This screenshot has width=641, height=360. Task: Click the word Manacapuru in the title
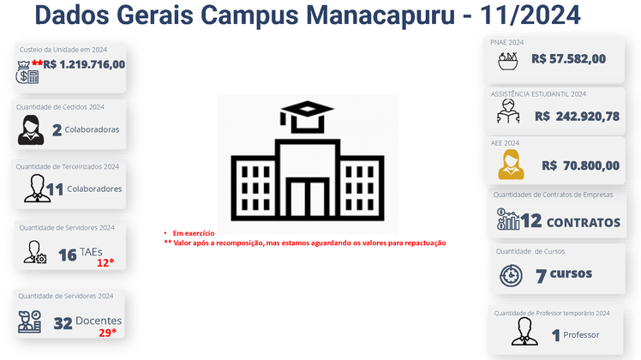pos(380,15)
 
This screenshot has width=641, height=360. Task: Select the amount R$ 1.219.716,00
pos(84,64)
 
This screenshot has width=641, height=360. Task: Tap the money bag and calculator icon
pos(27,72)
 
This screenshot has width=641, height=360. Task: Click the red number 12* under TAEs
pos(105,262)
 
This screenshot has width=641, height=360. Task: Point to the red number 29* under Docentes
pos(107,333)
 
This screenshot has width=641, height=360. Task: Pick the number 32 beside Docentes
pos(63,324)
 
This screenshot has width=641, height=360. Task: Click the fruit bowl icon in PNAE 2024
pos(507,61)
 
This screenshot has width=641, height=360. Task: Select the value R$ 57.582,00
pos(569,59)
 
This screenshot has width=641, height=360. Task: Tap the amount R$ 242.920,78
pos(578,117)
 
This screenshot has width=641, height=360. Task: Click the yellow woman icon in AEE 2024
pos(511,165)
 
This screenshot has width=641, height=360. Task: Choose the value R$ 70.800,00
pos(580,165)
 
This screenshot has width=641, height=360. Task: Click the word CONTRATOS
pos(584,223)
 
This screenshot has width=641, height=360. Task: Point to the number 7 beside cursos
pos(541,277)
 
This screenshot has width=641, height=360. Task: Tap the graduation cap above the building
pos(307,117)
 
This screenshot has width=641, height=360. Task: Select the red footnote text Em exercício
pos(194,233)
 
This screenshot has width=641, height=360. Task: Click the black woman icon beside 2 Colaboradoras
pos(31,129)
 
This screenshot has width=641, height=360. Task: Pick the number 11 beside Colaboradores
pos(54,189)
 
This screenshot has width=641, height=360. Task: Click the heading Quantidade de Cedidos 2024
pos(60,107)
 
